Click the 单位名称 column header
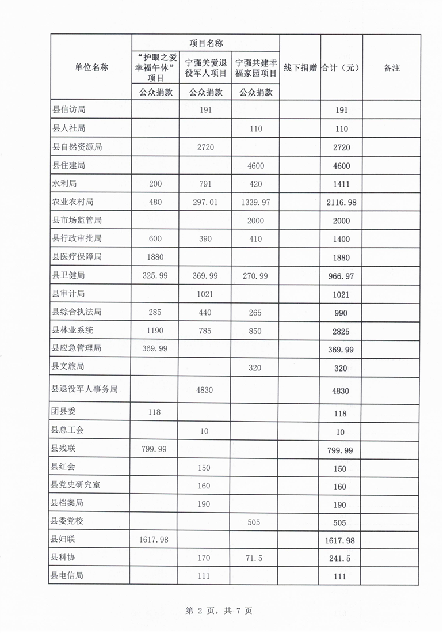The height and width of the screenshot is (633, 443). click(91, 67)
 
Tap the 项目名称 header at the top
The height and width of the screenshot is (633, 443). click(206, 43)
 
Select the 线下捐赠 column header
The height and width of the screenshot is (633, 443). click(300, 67)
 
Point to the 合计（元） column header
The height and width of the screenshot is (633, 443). click(341, 67)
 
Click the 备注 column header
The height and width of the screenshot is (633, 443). click(391, 67)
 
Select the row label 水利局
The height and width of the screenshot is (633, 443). click(64, 184)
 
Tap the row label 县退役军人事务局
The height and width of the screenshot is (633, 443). click(85, 390)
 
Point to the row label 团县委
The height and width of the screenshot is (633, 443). click(64, 412)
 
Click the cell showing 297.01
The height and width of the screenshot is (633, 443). click(206, 202)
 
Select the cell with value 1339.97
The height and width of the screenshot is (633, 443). click(256, 202)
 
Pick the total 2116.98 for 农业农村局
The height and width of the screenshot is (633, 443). click(340, 203)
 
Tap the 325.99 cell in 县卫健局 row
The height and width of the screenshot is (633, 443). click(155, 276)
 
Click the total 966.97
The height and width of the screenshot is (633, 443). click(340, 276)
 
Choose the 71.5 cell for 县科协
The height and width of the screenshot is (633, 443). click(256, 558)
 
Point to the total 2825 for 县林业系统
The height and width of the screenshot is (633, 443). click(340, 332)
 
